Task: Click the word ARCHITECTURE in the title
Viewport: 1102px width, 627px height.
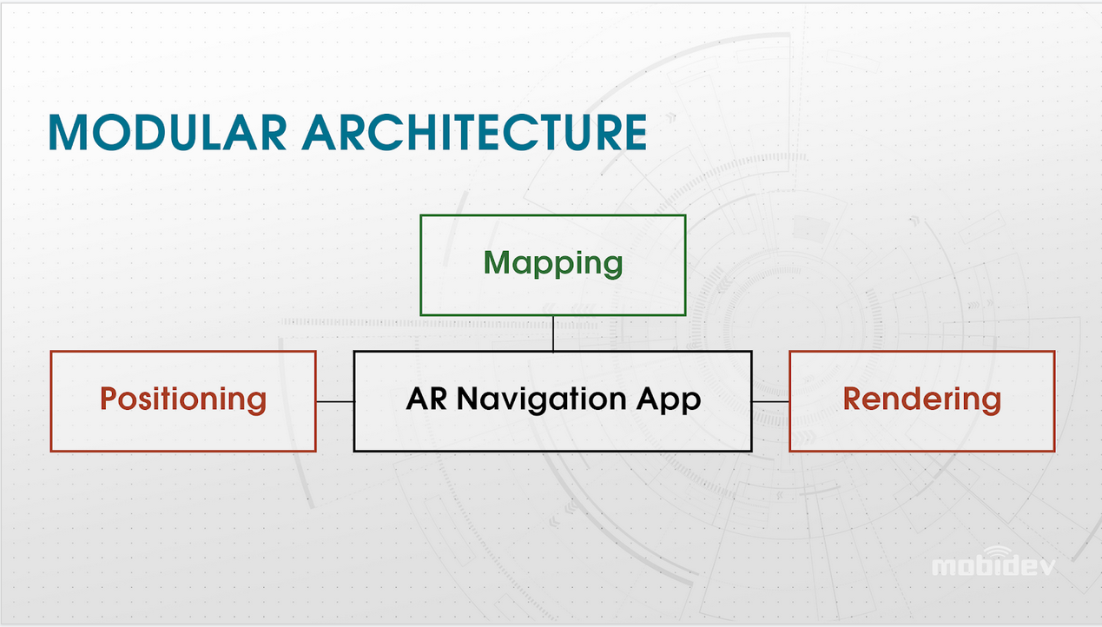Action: [x=474, y=132]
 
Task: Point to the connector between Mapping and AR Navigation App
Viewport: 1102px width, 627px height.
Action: [x=553, y=333]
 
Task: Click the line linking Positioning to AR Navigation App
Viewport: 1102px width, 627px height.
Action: [x=335, y=401]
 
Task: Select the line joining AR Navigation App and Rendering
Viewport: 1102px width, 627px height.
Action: [x=771, y=401]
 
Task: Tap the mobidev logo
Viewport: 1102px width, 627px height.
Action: [x=993, y=562]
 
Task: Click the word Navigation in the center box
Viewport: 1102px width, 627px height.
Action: [x=541, y=399]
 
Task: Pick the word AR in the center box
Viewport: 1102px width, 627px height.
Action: [x=426, y=398]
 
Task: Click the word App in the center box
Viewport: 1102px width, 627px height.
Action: [x=669, y=400]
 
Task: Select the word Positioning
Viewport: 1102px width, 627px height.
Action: [x=183, y=400]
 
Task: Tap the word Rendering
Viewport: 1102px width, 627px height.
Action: [x=922, y=399]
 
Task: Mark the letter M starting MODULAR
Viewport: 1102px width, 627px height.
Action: [x=68, y=132]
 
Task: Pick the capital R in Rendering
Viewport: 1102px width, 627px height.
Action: [x=853, y=398]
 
